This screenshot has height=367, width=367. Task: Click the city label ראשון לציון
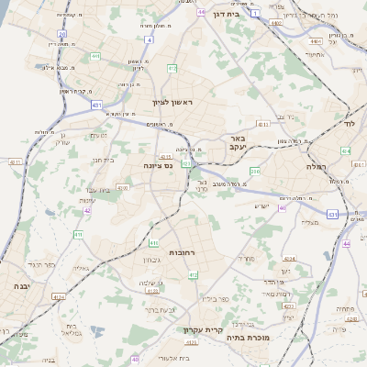[x=174, y=102]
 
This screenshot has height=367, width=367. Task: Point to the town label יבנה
[x=21, y=286]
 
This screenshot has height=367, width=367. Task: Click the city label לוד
[x=349, y=122]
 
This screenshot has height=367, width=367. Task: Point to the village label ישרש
[x=264, y=206]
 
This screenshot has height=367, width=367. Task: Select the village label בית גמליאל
[x=71, y=330]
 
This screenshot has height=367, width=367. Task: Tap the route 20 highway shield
[x=61, y=33]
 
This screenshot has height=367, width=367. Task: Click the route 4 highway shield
[x=150, y=40]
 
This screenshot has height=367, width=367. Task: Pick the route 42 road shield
[x=87, y=210]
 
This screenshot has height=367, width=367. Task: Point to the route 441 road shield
[x=95, y=56]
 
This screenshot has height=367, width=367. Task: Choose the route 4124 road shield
[x=59, y=296]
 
